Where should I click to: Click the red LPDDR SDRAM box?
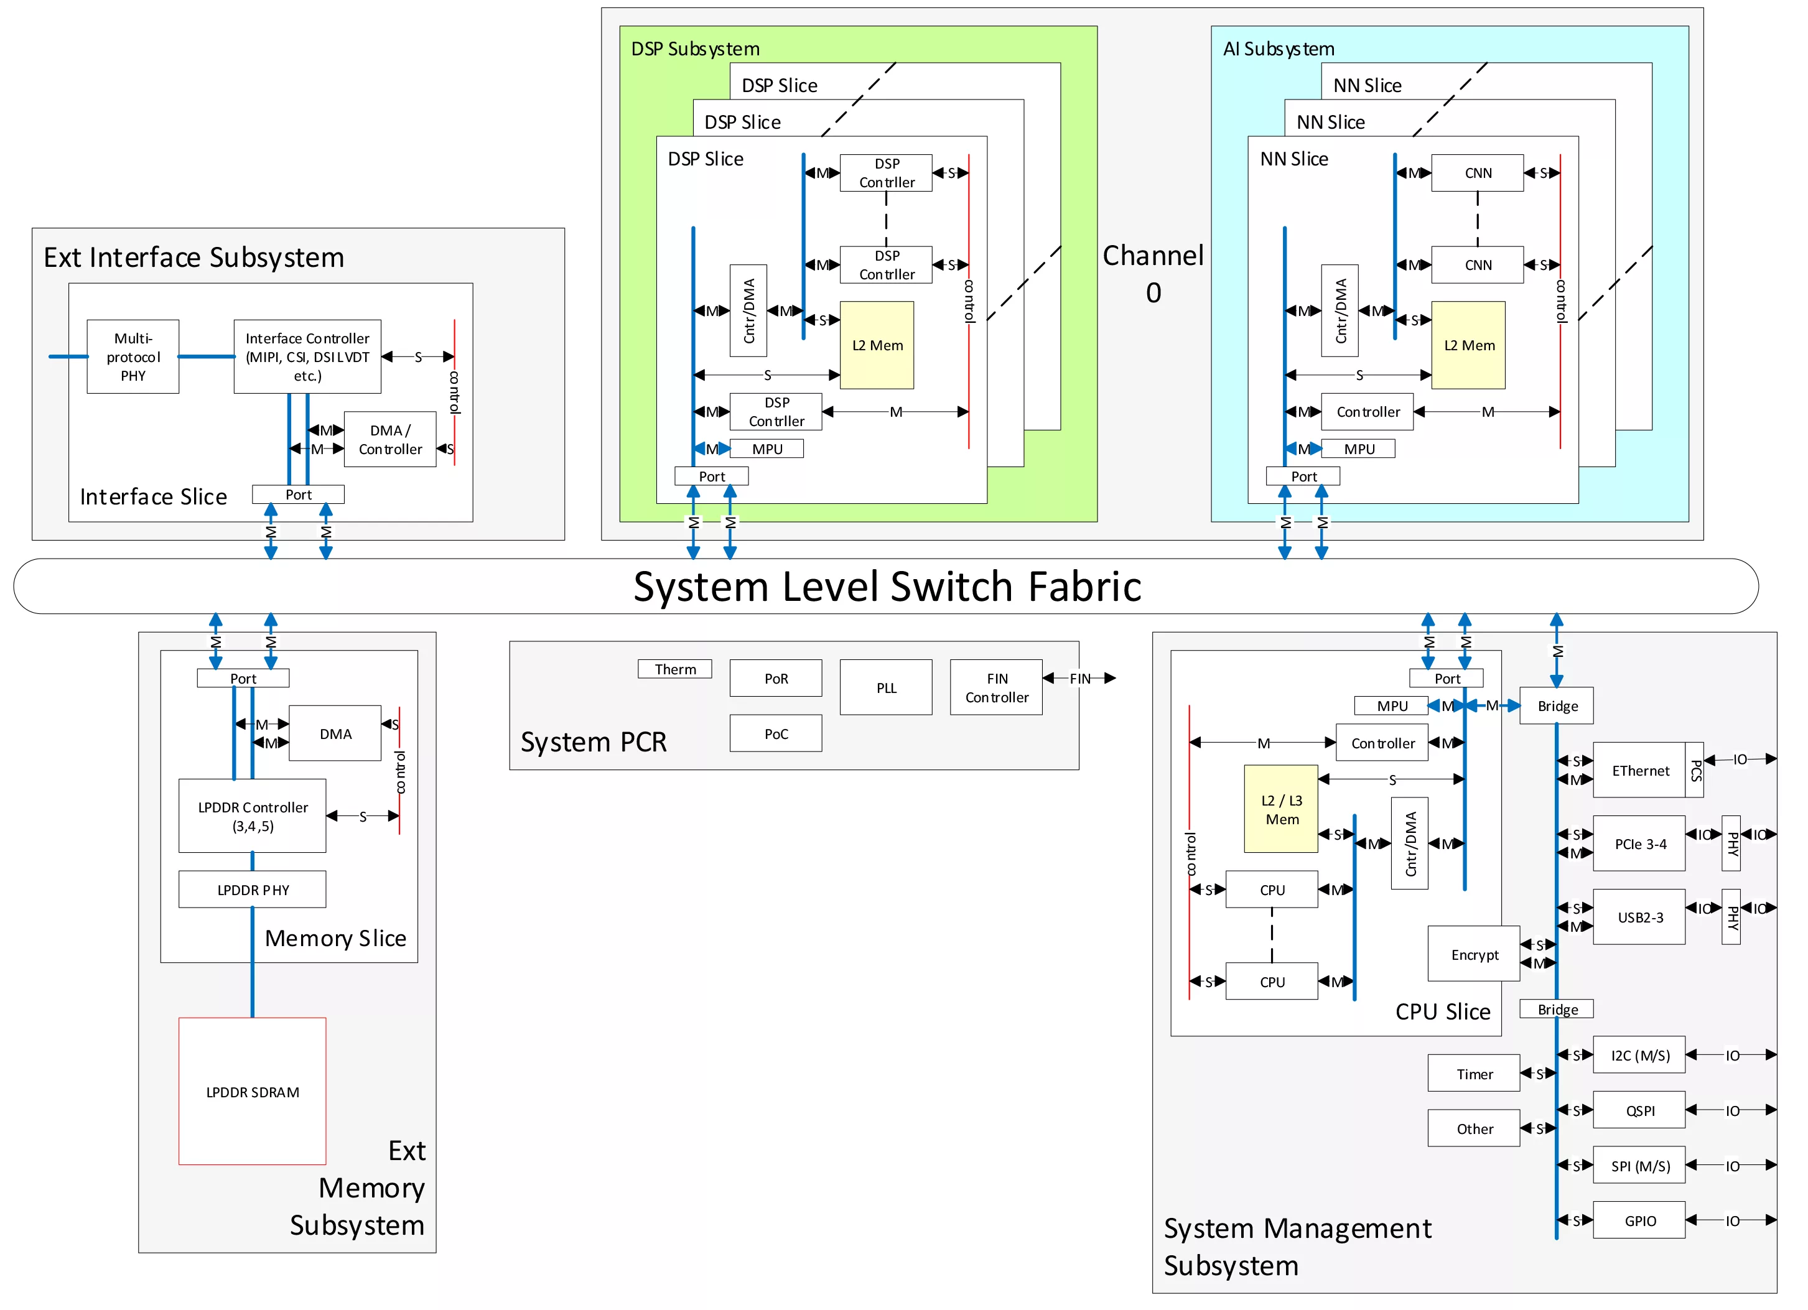point(253,1092)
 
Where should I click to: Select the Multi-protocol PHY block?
point(133,357)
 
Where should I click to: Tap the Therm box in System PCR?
point(674,669)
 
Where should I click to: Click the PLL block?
point(886,688)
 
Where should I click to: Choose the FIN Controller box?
point(997,688)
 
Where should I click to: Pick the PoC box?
point(776,734)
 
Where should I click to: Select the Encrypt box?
point(1474,955)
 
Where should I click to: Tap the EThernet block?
point(1640,771)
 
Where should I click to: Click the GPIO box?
point(1640,1221)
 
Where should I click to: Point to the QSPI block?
point(1640,1111)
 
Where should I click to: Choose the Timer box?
point(1474,1074)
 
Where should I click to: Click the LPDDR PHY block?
point(253,890)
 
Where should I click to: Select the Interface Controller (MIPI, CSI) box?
point(308,357)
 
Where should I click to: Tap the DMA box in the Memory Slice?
point(335,734)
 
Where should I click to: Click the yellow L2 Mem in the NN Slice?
point(1468,345)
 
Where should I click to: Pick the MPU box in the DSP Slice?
point(767,449)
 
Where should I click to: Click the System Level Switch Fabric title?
point(887,587)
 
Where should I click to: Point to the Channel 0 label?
point(1153,273)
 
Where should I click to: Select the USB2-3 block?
point(1640,917)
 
